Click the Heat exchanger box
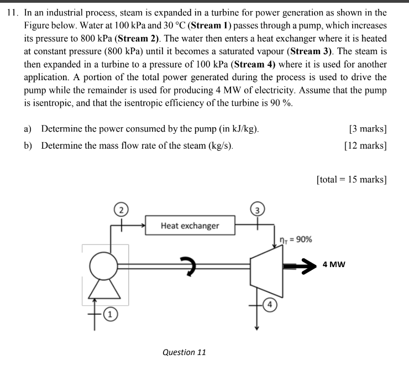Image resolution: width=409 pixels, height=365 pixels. (190, 226)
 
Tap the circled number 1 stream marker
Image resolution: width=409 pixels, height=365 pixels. (111, 315)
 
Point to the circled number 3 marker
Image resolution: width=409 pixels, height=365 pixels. (258, 209)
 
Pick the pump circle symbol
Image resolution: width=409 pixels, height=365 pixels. (103, 265)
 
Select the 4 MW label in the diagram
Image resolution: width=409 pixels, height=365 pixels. (334, 264)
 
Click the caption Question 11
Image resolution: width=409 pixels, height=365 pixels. (185, 352)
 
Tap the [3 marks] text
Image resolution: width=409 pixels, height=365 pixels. (368, 129)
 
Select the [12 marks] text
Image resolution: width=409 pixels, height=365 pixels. (365, 146)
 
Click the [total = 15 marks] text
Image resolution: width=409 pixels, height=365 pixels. (352, 180)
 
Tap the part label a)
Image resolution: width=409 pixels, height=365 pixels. (28, 129)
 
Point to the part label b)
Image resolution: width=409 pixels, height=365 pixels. (28, 146)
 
